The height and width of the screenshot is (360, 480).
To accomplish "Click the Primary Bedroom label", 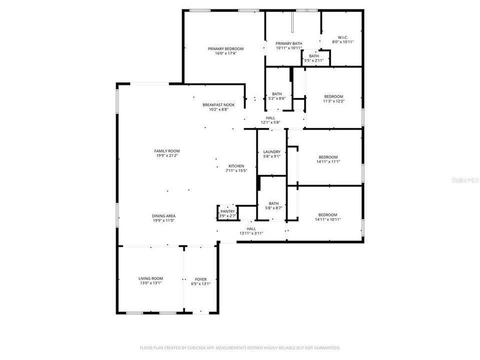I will pyautogui.click(x=225, y=48).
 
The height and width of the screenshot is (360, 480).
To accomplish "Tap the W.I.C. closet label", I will pyautogui.click(x=343, y=37).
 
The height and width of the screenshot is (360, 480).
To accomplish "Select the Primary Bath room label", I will pyautogui.click(x=288, y=43).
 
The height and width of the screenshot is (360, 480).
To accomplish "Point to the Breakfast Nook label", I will pyautogui.click(x=215, y=104).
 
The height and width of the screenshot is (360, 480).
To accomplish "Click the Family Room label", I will pyautogui.click(x=167, y=150).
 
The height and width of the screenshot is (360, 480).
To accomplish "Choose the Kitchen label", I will pyautogui.click(x=236, y=166).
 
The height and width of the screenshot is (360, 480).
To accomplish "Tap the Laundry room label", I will pyautogui.click(x=272, y=151).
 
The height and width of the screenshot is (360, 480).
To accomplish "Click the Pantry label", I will pyautogui.click(x=227, y=211).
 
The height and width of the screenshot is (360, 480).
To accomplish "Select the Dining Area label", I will pyautogui.click(x=163, y=216).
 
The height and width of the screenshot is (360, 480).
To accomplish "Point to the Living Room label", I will pyautogui.click(x=150, y=278).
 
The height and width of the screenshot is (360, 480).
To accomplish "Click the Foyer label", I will pyautogui.click(x=200, y=279).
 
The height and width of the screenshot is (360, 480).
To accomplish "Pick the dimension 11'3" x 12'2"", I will pyautogui.click(x=333, y=101).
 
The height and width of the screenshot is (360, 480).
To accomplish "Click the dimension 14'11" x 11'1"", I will pyautogui.click(x=328, y=161).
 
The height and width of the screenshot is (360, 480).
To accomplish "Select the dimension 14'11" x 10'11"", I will pyautogui.click(x=328, y=219).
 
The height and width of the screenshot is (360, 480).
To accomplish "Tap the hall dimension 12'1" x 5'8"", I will pyautogui.click(x=270, y=122).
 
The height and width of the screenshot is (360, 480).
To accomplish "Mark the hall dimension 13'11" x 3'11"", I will pyautogui.click(x=251, y=233).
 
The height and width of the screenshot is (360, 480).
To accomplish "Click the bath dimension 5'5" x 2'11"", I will pyautogui.click(x=313, y=60).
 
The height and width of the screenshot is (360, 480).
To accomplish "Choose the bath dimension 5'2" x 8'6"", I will pyautogui.click(x=276, y=98).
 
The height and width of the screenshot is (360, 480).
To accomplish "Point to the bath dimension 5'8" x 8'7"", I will pyautogui.click(x=273, y=208).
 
